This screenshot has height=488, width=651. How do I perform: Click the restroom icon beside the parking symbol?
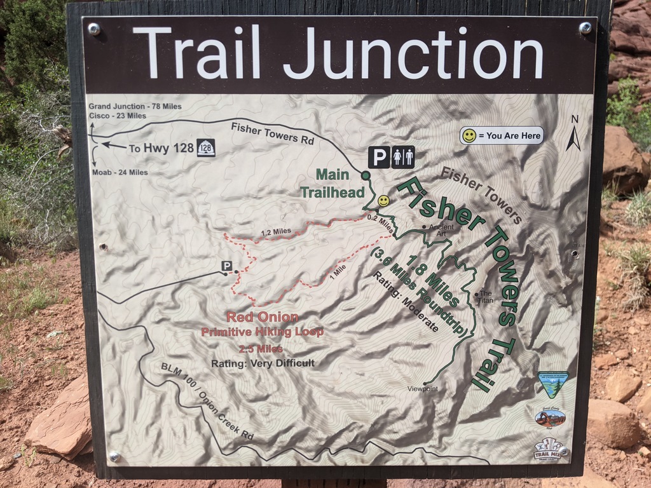coord(403,157)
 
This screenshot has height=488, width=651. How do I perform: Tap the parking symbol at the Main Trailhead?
coord(379,157)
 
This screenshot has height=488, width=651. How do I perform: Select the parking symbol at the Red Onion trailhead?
coord(226,266)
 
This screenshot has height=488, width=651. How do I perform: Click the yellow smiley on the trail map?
coord(383,201)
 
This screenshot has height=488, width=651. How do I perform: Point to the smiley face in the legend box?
coord(469,135)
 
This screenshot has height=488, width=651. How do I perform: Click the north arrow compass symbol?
coord(573,134)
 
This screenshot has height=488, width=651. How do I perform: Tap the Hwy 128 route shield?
coord(206,148)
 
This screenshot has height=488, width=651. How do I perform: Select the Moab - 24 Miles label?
coord(120,172)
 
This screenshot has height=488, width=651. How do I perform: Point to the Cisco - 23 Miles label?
coord(117,116)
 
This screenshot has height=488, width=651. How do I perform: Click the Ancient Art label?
coord(441,229)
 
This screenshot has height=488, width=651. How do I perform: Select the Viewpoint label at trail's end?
coord(423,388)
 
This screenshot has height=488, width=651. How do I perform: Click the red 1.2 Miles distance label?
coord(276,231)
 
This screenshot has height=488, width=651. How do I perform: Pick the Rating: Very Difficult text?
coord(263,363)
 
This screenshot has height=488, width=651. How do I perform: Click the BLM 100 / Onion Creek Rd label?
coord(207,402)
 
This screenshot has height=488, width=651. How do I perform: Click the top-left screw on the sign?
coord(94,29)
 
